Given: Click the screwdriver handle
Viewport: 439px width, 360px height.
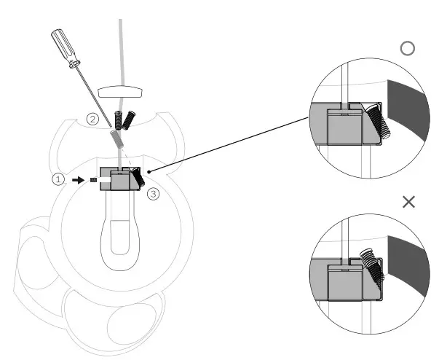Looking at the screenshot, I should pos(62,44).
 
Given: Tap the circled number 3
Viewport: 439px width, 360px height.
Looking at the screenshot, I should pos(152,194).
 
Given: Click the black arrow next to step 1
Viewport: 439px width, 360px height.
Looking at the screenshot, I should pos(79,179).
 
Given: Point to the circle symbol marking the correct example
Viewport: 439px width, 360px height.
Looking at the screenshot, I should pos(408,48).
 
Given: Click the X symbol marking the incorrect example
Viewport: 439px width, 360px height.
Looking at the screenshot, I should pos(408,202).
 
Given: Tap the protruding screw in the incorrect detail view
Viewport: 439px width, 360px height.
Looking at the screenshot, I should pos(373,265).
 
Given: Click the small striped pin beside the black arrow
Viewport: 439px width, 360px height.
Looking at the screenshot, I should pos(93,179).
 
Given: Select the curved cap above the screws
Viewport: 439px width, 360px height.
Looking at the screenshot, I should pos(122,91).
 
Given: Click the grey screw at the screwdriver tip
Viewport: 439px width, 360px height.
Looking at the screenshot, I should pos(116,138).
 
